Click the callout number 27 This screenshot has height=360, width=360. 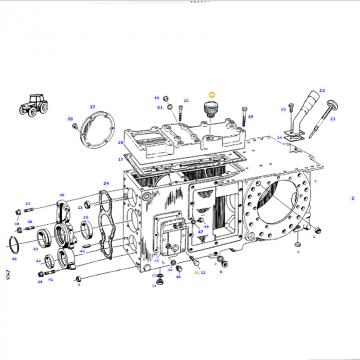93,107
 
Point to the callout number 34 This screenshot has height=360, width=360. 106,183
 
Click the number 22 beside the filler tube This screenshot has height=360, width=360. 322,91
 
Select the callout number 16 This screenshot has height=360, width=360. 120,142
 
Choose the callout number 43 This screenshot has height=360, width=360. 35,249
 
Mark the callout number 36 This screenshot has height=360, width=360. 62,195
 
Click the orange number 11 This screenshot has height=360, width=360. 196,272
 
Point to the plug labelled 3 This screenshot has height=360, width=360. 298,244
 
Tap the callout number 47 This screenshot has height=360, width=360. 201,232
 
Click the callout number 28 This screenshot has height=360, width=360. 70,119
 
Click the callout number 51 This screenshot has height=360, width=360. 160,107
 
